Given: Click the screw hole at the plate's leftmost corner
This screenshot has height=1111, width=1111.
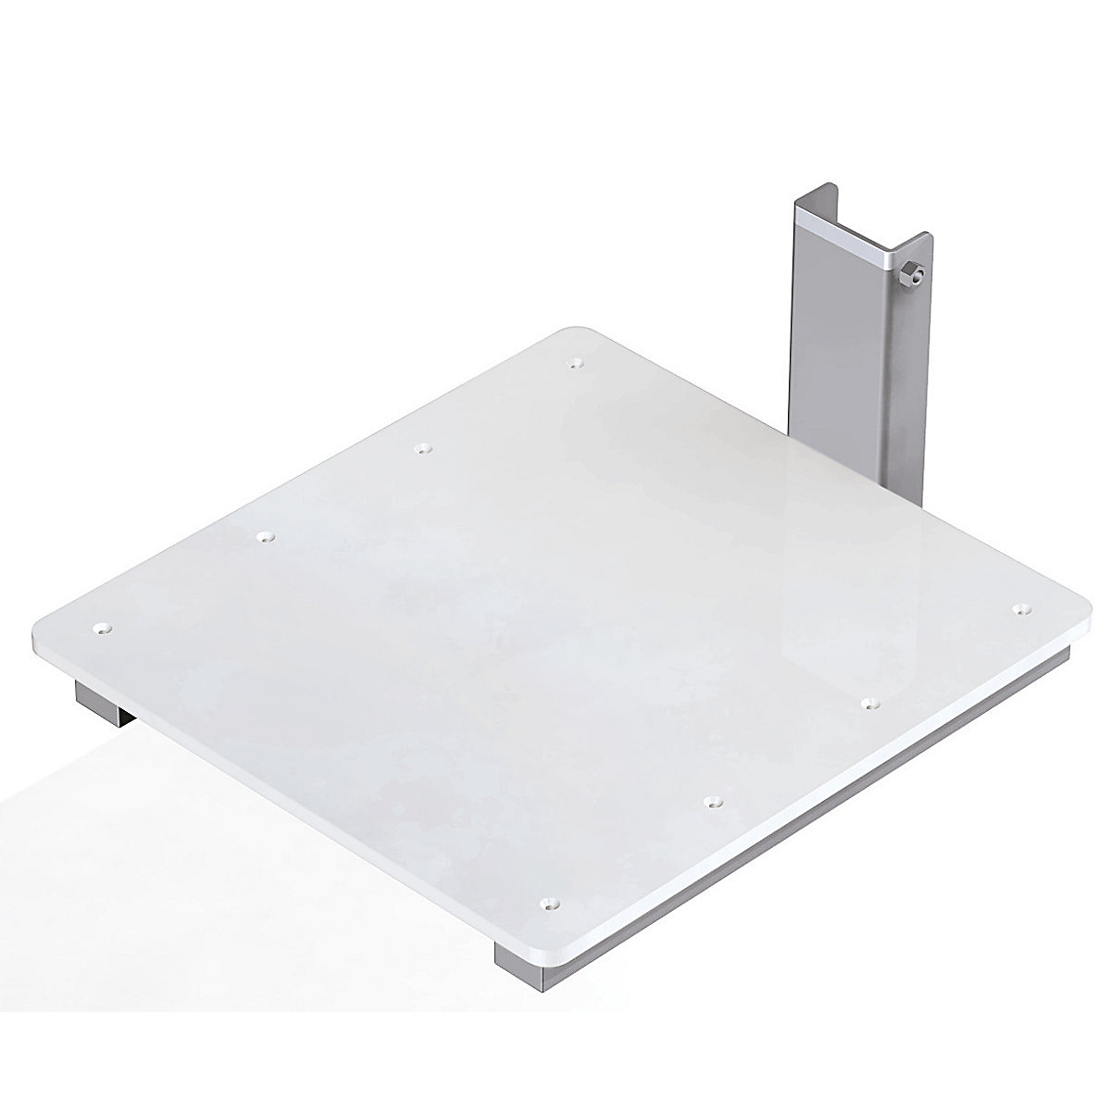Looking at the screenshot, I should (102, 629).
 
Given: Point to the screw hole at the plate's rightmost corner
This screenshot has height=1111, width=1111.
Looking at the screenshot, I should (1019, 608).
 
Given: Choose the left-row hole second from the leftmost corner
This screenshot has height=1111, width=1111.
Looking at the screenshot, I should (267, 536).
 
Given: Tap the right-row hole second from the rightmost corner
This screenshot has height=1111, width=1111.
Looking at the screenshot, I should (868, 705).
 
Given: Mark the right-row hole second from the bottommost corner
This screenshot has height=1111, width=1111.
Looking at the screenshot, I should (712, 800).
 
